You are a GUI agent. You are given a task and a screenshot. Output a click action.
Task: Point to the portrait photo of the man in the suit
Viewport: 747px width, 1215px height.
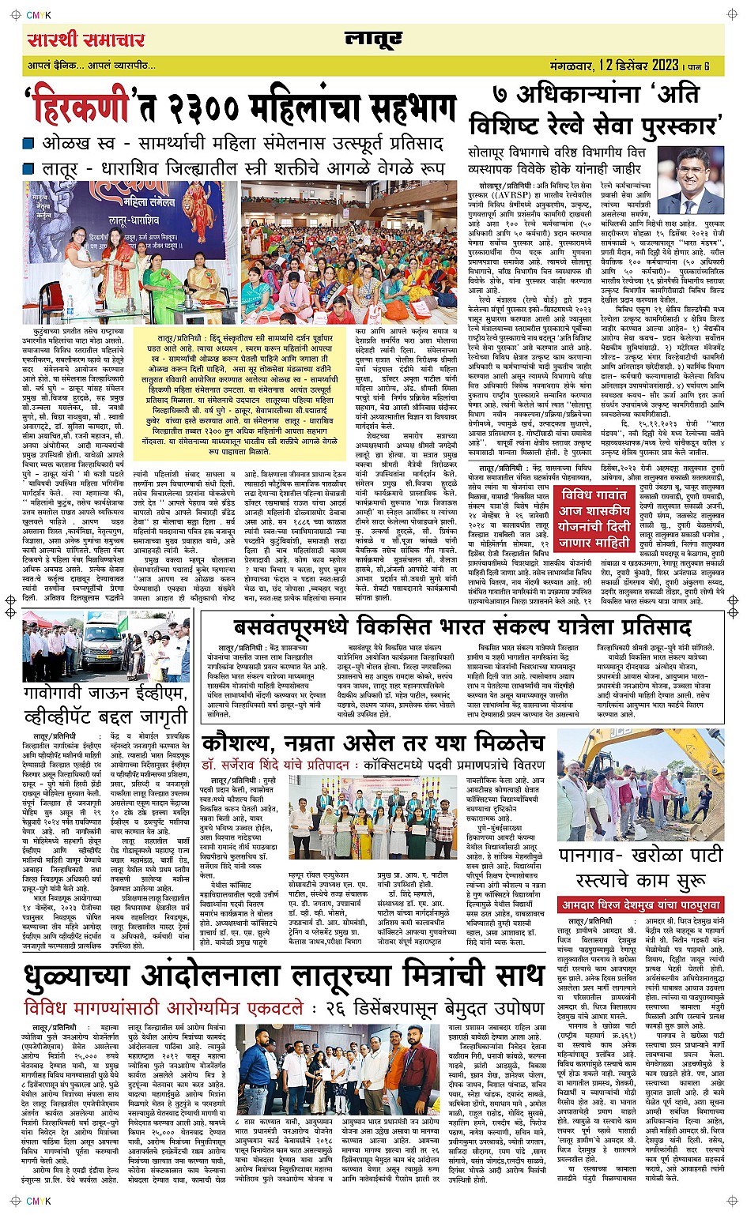point(690,180)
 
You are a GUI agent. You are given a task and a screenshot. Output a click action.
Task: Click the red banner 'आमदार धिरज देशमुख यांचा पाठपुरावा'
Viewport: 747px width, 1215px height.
point(640,905)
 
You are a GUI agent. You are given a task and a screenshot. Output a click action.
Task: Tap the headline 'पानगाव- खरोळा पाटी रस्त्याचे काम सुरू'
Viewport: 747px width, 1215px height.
point(640,867)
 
